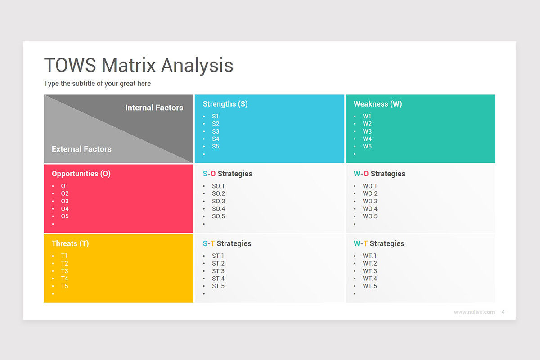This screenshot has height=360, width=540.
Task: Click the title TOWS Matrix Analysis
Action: coord(139,65)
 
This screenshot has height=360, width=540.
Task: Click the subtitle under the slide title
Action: coord(97,84)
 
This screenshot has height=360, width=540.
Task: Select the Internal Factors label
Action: coord(154,108)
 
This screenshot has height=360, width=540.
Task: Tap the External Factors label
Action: coord(81,149)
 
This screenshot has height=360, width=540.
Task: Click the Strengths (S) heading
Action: coord(225,104)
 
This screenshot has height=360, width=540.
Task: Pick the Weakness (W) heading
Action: coord(378,104)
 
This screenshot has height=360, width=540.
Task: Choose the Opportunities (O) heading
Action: coord(81,174)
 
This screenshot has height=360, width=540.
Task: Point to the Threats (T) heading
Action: coord(70,243)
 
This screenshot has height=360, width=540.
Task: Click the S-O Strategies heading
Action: coord(227,174)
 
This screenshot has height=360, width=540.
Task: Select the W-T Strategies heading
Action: coord(379,243)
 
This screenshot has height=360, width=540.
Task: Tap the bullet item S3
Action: coord(216,131)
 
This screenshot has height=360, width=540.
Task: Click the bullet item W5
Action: coord(367,146)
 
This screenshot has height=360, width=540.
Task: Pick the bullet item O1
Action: coord(65,186)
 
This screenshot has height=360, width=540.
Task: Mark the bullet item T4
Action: coord(65,279)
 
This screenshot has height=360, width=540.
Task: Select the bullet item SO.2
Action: coord(218,193)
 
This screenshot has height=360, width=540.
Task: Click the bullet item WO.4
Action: coord(370,209)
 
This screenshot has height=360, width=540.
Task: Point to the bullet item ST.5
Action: coord(218,286)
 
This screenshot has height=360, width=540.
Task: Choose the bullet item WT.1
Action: coord(370,256)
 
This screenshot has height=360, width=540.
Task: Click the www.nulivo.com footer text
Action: coord(474,312)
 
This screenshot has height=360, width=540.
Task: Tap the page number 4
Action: coord(503,312)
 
